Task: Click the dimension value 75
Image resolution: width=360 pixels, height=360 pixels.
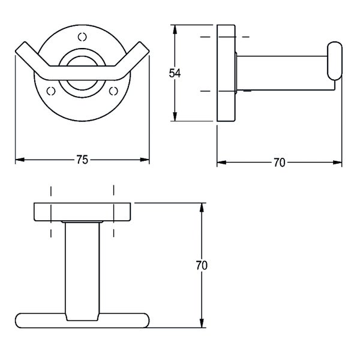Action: (x=82, y=160)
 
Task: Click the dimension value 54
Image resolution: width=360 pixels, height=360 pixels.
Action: (x=175, y=73)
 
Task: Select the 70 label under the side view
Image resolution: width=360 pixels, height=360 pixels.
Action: (x=280, y=163)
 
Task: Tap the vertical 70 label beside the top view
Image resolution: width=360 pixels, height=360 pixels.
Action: (x=202, y=265)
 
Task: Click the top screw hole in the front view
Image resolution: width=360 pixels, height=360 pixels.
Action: (x=82, y=37)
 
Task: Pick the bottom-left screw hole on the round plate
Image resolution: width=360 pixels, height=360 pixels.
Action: (x=51, y=91)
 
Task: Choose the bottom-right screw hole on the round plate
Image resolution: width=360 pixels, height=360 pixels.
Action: (x=113, y=91)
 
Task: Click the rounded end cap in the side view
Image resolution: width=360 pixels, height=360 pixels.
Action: (x=335, y=61)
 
